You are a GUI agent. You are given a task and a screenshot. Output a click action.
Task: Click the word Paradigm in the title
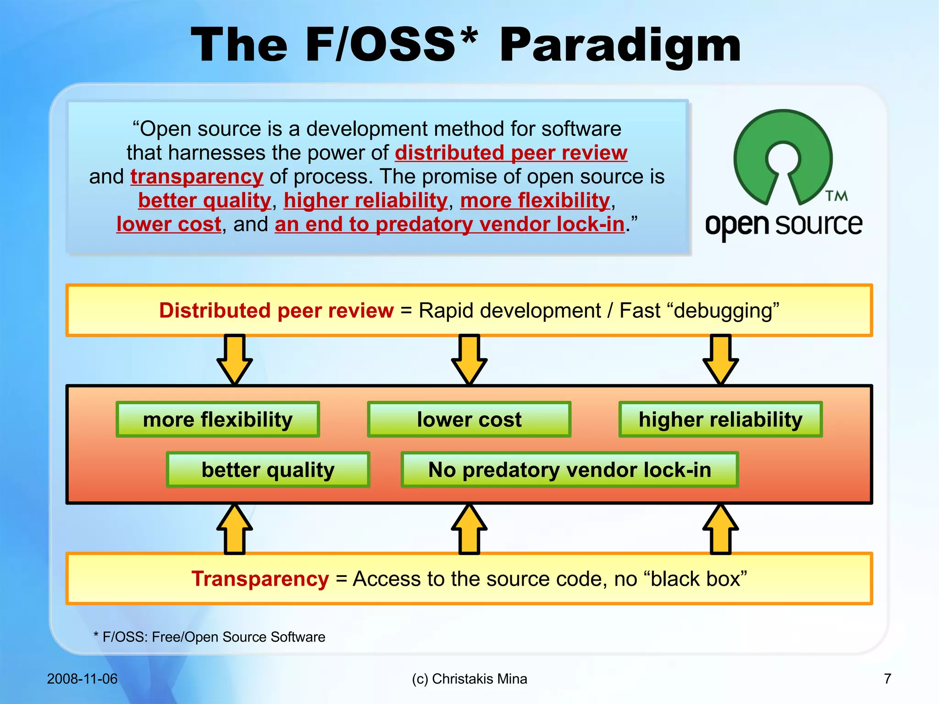coord(620,46)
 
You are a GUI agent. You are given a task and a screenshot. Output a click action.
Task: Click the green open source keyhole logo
coord(783,156)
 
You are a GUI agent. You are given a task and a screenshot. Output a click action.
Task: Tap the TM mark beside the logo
coord(837,196)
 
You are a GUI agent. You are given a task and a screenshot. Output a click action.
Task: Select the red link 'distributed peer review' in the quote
coord(511,153)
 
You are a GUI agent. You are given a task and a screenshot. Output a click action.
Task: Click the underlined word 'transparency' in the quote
coord(197,177)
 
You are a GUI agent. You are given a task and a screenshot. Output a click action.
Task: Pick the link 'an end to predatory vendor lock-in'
coord(449,224)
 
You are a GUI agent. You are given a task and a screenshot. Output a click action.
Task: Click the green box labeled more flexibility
coord(218,420)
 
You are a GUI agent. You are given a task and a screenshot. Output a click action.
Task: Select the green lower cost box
coord(469,420)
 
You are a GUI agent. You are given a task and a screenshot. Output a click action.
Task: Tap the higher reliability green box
coord(720,420)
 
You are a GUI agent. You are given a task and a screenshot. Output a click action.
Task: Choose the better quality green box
coord(268,470)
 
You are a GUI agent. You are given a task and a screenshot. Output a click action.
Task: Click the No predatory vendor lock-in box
coord(569,470)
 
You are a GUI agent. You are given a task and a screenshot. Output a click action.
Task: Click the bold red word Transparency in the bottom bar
coord(260,579)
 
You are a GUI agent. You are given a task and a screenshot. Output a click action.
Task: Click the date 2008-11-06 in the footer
coord(82,679)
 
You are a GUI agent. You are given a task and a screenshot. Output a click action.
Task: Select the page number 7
coord(888,679)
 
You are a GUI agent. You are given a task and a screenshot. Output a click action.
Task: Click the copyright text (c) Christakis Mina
coord(469,679)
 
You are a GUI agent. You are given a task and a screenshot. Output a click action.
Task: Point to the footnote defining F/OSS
coord(210,637)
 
